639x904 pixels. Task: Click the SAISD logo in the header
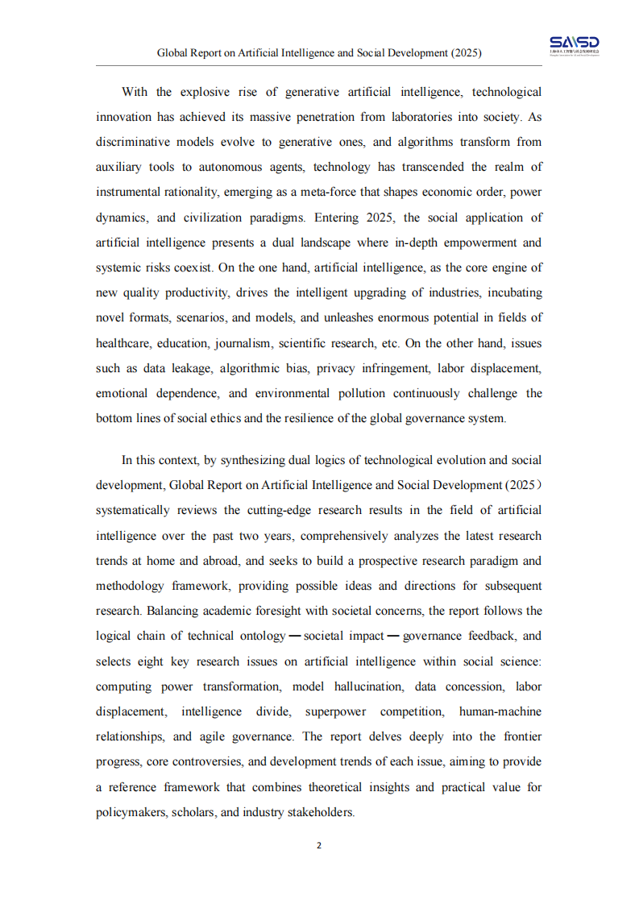[x=575, y=46]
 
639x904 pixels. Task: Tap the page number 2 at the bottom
[x=319, y=845]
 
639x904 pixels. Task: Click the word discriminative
[x=132, y=142]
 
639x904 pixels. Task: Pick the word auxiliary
[x=118, y=167]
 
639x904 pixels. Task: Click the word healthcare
[x=123, y=343]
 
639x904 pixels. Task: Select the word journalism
[x=243, y=343]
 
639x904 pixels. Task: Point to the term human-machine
[x=500, y=711]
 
